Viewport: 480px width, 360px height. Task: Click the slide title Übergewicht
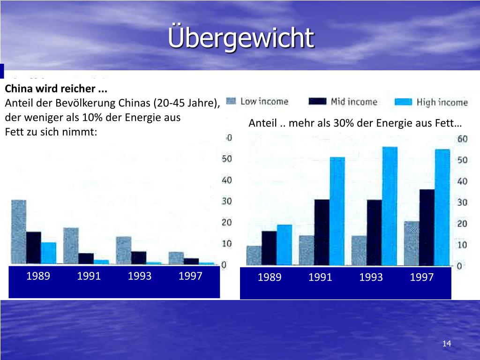pyautogui.click(x=241, y=37)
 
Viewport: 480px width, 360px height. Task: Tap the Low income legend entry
pyautogui.click(x=257, y=101)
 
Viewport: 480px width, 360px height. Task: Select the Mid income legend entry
pyautogui.click(x=343, y=102)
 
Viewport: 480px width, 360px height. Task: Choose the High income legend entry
pyautogui.click(x=431, y=102)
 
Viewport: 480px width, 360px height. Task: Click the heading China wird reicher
pyautogui.click(x=56, y=89)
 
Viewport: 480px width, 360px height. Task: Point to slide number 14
pyautogui.click(x=446, y=344)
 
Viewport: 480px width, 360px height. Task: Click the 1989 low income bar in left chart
pyautogui.click(x=19, y=232)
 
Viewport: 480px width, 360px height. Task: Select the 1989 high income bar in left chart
pyautogui.click(x=48, y=253)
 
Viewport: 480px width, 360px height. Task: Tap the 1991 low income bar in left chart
pyautogui.click(x=71, y=246)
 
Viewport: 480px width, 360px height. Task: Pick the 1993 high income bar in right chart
pyautogui.click(x=390, y=206)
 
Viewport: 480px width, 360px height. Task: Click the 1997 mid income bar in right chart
pyautogui.click(x=427, y=227)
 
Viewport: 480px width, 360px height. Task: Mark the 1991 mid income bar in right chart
pyautogui.click(x=322, y=232)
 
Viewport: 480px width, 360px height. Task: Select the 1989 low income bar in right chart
pyautogui.click(x=254, y=255)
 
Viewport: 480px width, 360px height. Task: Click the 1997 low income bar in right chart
pyautogui.click(x=412, y=243)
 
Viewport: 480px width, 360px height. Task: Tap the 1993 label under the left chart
pyautogui.click(x=140, y=276)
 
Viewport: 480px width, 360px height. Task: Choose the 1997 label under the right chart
pyautogui.click(x=422, y=277)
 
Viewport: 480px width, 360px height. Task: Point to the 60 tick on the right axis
pyautogui.click(x=462, y=139)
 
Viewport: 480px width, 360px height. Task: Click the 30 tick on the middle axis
pyautogui.click(x=227, y=201)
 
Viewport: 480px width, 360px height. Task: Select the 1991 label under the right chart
pyautogui.click(x=320, y=277)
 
